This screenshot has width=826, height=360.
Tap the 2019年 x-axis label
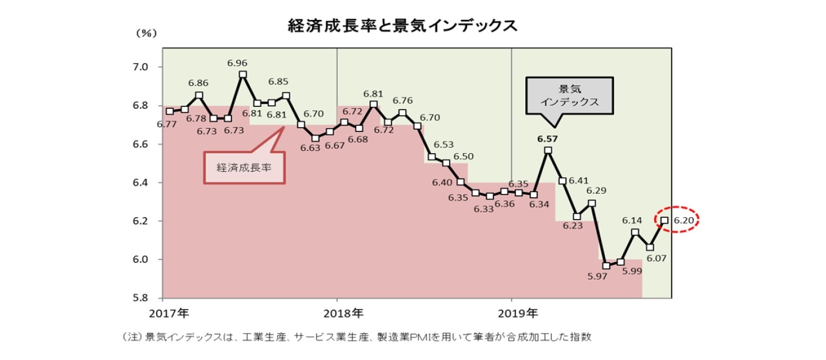517,314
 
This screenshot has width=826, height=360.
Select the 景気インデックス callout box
570,95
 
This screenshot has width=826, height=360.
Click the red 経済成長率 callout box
243,166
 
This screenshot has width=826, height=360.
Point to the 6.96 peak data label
237,63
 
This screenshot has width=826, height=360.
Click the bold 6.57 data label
547,138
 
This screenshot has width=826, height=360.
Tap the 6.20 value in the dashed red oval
684,220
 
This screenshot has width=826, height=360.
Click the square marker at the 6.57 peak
548,150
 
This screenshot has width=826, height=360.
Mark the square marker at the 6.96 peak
243,75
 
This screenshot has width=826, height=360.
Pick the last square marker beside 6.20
664,220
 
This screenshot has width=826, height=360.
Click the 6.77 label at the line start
166,124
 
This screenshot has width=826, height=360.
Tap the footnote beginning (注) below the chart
357,336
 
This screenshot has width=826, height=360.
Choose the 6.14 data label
632,221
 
